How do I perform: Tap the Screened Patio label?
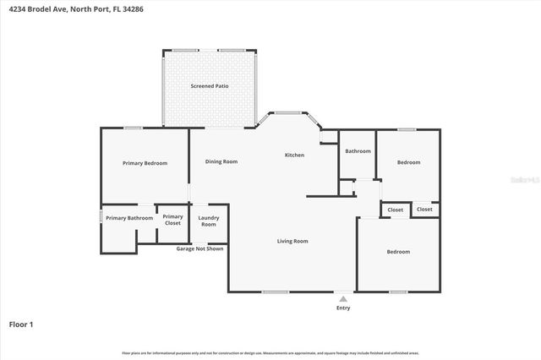coord(210,86)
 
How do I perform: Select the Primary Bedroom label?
coord(145,163)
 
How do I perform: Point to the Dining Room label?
coord(221,161)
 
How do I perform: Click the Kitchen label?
coord(294,155)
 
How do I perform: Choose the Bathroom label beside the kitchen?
coord(358,151)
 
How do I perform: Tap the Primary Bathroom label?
coord(129,218)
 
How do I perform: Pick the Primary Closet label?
coord(172,220)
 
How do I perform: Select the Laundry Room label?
coord(208,221)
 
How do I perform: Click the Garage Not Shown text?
coord(199,249)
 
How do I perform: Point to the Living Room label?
coord(292,241)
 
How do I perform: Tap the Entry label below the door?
coord(342,308)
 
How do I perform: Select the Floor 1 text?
coord(21,324)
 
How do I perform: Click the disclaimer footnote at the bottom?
coord(270,352)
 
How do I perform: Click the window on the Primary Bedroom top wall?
coord(132,128)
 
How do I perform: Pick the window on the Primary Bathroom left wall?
coord(102,217)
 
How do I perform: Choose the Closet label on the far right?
coord(424,210)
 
